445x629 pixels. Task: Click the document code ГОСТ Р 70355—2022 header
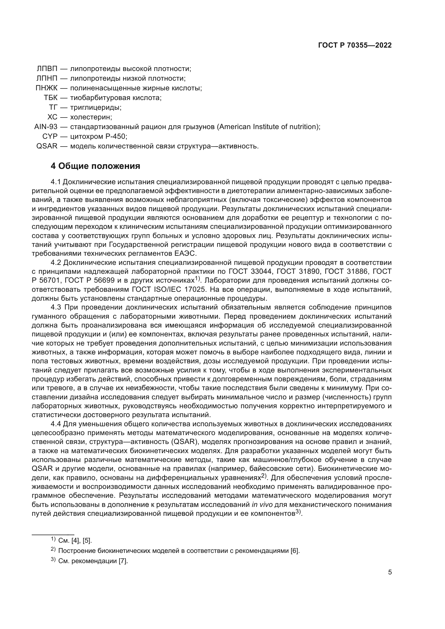point(355,45)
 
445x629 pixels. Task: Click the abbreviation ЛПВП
point(47,69)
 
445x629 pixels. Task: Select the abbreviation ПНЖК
point(46,88)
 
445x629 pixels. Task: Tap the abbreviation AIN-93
point(46,127)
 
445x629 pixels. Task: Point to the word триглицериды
point(96,107)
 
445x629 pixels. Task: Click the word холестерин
point(91,117)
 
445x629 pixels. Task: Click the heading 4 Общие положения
point(95,166)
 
